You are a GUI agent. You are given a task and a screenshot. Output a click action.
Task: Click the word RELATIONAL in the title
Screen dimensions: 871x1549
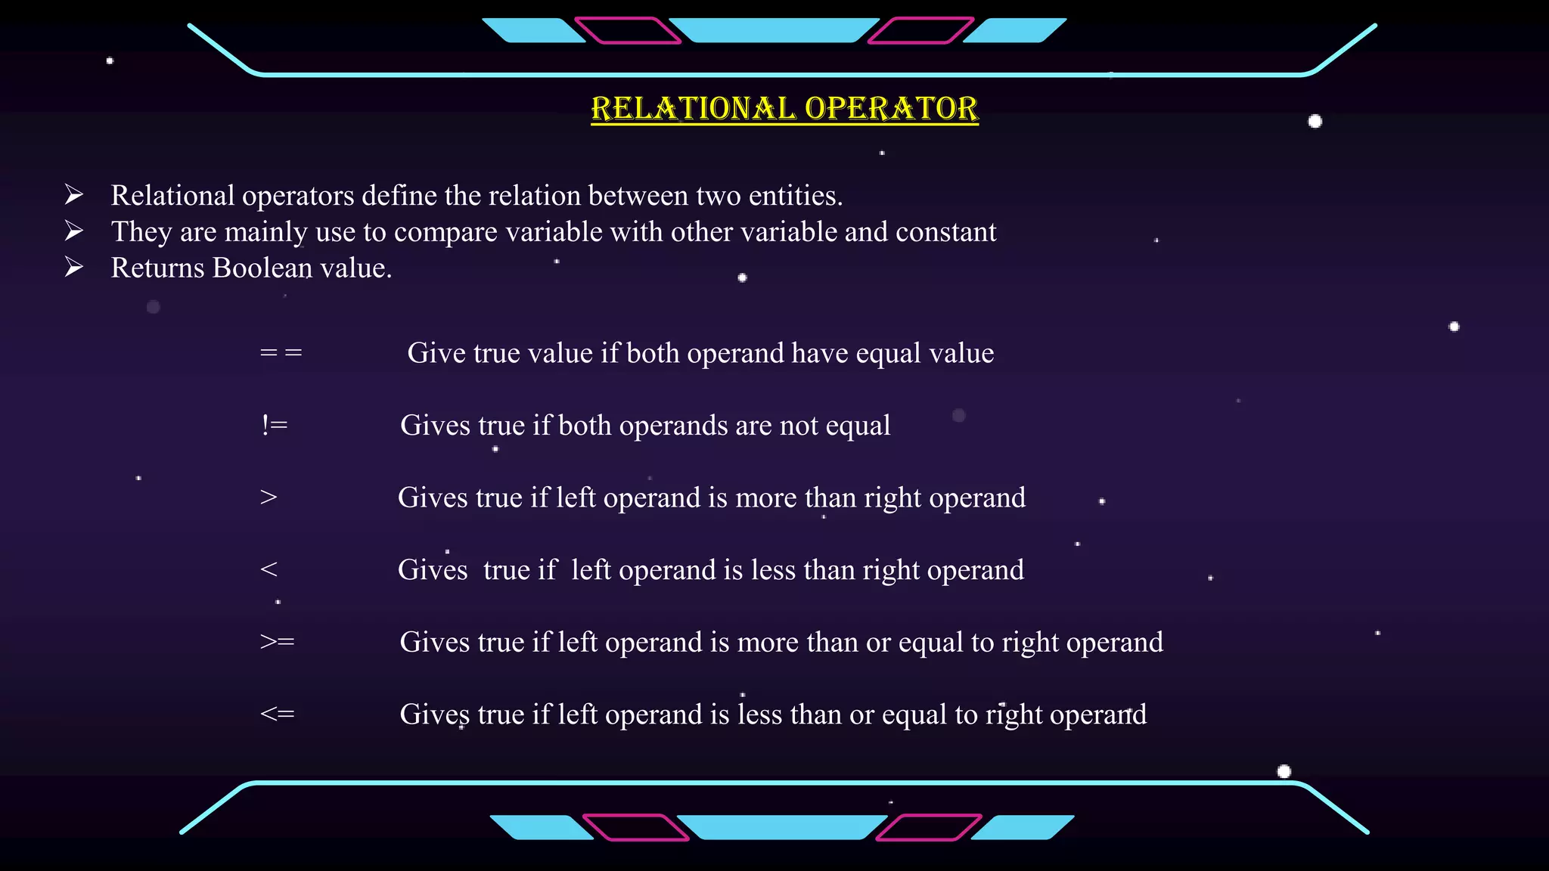point(694,109)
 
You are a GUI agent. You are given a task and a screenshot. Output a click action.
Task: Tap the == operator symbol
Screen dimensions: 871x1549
point(281,353)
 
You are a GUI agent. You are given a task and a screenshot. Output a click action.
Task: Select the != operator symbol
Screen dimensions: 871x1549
point(275,425)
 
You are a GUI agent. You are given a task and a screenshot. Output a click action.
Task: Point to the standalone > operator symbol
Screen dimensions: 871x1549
point(269,497)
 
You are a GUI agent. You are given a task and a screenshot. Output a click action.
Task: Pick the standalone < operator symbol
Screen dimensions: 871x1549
point(269,569)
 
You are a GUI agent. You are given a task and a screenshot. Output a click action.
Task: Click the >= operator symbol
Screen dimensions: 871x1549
point(277,642)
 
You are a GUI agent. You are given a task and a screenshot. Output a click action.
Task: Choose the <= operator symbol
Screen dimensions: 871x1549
point(277,714)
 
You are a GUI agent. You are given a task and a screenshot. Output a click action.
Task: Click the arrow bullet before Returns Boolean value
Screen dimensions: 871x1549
point(74,268)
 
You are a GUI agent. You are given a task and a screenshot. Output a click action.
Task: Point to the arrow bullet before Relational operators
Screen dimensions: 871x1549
point(74,195)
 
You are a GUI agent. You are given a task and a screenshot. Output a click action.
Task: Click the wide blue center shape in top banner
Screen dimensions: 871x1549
point(774,30)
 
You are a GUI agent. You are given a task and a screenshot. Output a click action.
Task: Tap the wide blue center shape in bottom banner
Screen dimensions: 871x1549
point(782,827)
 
